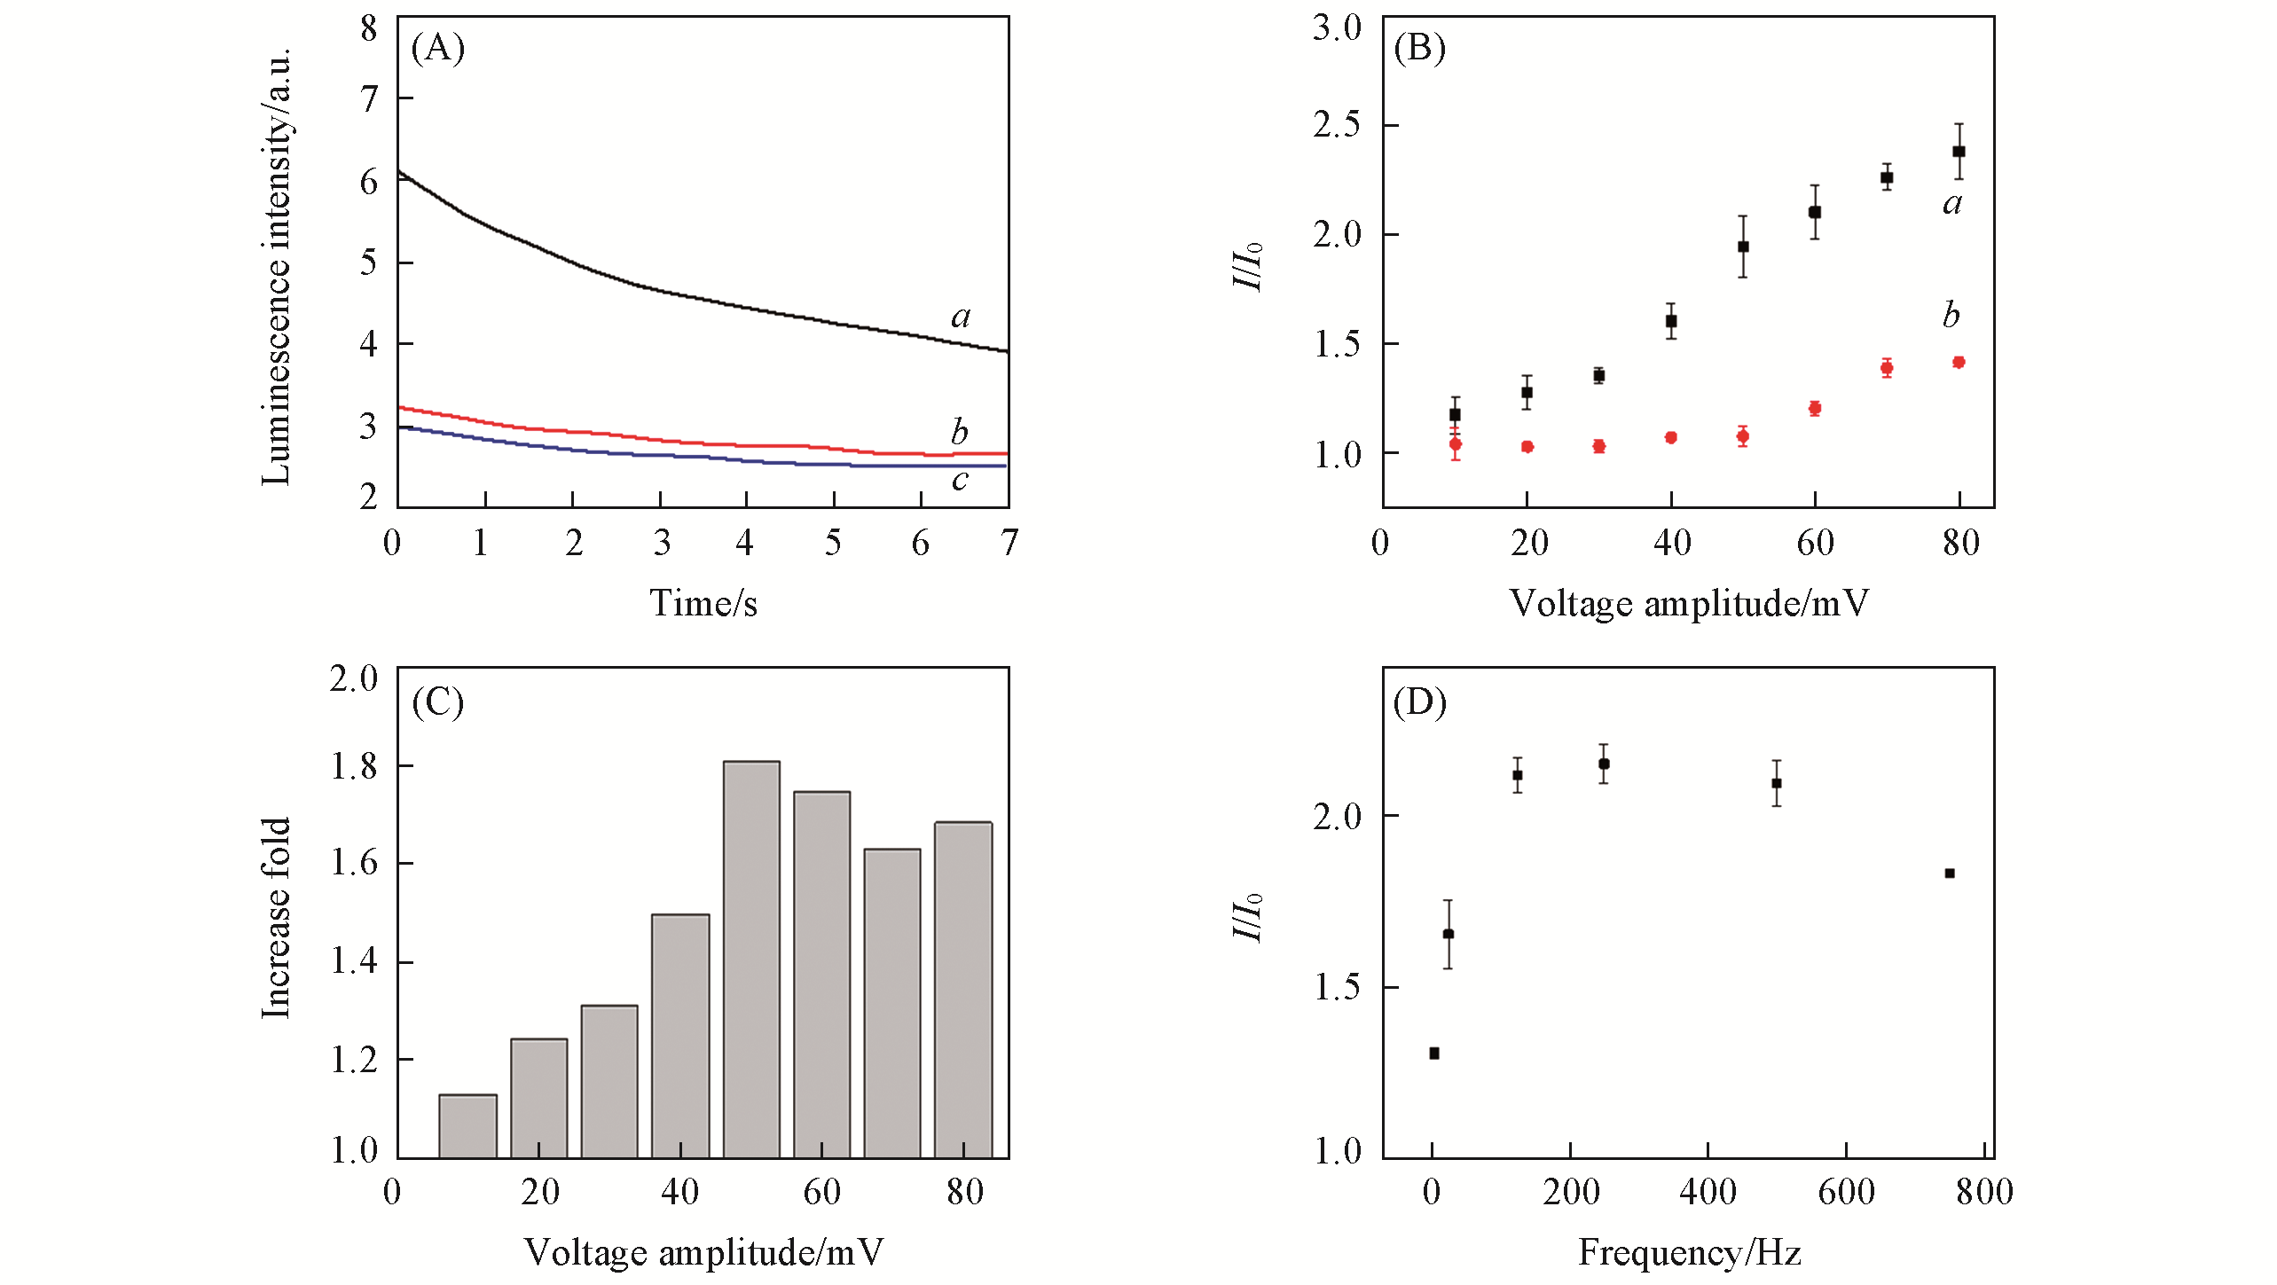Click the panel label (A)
[x=438, y=48]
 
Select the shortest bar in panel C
[x=467, y=1126]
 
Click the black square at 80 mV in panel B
[x=1959, y=152]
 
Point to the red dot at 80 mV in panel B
[x=1959, y=362]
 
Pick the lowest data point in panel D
[x=1434, y=1054]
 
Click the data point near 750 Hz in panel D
[x=1950, y=874]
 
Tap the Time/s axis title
[x=703, y=604]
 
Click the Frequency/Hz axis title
[x=1689, y=1252]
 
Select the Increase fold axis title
[x=277, y=918]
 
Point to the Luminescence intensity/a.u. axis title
[x=277, y=266]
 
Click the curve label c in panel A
[x=960, y=480]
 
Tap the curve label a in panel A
[x=961, y=317]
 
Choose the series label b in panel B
[x=1951, y=315]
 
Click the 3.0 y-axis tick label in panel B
[x=1337, y=27]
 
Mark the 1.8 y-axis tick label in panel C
[x=354, y=766]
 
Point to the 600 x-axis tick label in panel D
[x=1846, y=1192]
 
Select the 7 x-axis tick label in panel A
[x=1009, y=543]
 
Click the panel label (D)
[x=1419, y=702]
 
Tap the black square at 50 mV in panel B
[x=1743, y=247]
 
